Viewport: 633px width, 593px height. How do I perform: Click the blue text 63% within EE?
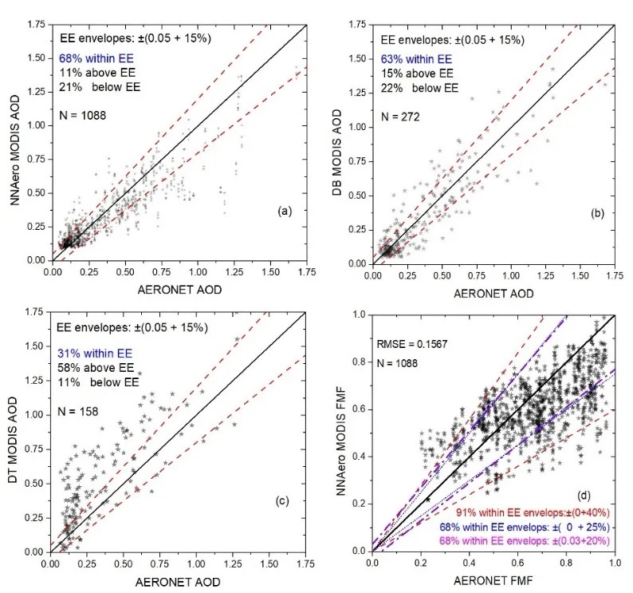coord(417,59)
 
